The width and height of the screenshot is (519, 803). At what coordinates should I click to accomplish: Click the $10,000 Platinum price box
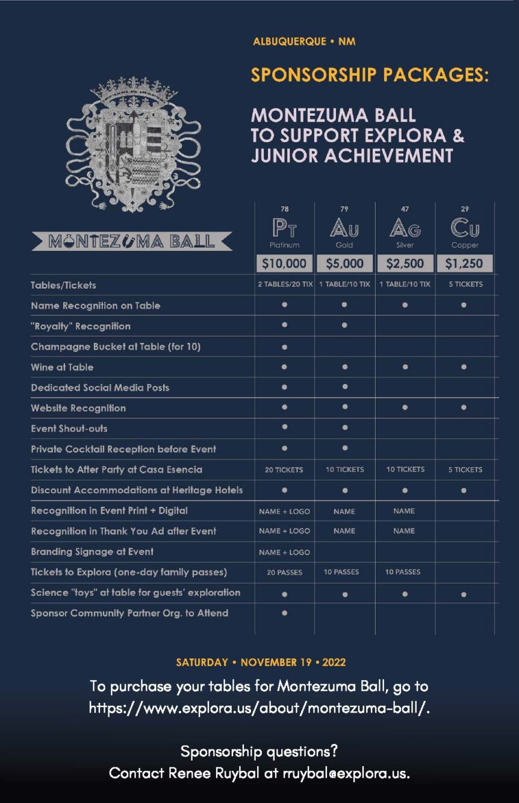tap(284, 263)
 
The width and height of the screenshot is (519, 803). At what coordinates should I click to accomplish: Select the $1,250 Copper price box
tap(464, 263)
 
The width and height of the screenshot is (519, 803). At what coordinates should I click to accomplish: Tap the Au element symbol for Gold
tap(344, 228)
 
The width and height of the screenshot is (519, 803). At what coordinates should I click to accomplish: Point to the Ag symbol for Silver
tap(405, 228)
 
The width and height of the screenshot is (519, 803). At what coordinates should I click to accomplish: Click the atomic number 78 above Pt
tap(284, 209)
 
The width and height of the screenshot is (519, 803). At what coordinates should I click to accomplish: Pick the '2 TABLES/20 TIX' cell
tap(285, 285)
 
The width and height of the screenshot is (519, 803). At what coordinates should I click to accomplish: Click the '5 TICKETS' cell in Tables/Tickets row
tap(465, 285)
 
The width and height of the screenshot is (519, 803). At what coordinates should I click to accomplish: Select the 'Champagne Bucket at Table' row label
tap(116, 347)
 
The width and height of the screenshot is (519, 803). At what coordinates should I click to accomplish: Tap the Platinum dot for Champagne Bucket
tap(284, 347)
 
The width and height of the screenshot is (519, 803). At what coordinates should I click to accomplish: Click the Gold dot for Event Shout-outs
tap(344, 427)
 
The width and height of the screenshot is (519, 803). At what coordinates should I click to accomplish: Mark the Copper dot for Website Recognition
tap(464, 408)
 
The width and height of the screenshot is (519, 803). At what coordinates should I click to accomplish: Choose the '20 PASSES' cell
tap(284, 572)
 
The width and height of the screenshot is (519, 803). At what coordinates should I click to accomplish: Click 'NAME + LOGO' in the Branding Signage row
tap(284, 552)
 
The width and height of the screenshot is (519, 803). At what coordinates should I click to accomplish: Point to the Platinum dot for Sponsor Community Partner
tap(284, 613)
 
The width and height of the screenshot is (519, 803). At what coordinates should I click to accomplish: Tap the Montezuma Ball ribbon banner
tap(132, 242)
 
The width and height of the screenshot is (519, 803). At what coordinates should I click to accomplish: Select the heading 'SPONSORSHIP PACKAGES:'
tap(370, 75)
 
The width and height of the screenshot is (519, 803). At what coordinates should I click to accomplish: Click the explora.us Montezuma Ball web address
tap(259, 708)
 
